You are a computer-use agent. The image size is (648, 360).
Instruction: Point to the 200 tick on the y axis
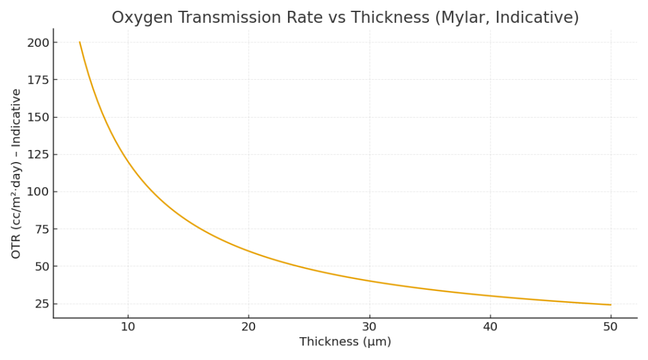click(x=37, y=42)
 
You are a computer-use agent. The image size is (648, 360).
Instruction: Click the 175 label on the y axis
click(x=37, y=80)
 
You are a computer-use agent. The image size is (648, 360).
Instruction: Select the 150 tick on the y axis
click(x=37, y=117)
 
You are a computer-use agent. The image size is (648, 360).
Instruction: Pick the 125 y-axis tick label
click(x=37, y=154)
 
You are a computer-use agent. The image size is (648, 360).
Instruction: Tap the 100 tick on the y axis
click(x=37, y=192)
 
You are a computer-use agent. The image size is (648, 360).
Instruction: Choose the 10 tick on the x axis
click(x=128, y=326)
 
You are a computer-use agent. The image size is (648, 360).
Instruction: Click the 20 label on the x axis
click(x=249, y=326)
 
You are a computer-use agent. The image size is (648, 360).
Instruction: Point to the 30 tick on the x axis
click(x=369, y=326)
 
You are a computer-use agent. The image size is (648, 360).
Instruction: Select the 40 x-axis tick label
click(x=490, y=326)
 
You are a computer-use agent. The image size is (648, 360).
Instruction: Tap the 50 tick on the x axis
click(x=610, y=326)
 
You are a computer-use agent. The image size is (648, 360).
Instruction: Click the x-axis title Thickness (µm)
click(x=345, y=342)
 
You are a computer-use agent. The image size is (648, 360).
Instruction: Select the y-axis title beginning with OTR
click(x=16, y=173)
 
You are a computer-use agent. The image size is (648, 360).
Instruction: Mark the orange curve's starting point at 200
click(x=80, y=42)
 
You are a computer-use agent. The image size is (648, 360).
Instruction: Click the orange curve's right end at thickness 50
click(x=610, y=304)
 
